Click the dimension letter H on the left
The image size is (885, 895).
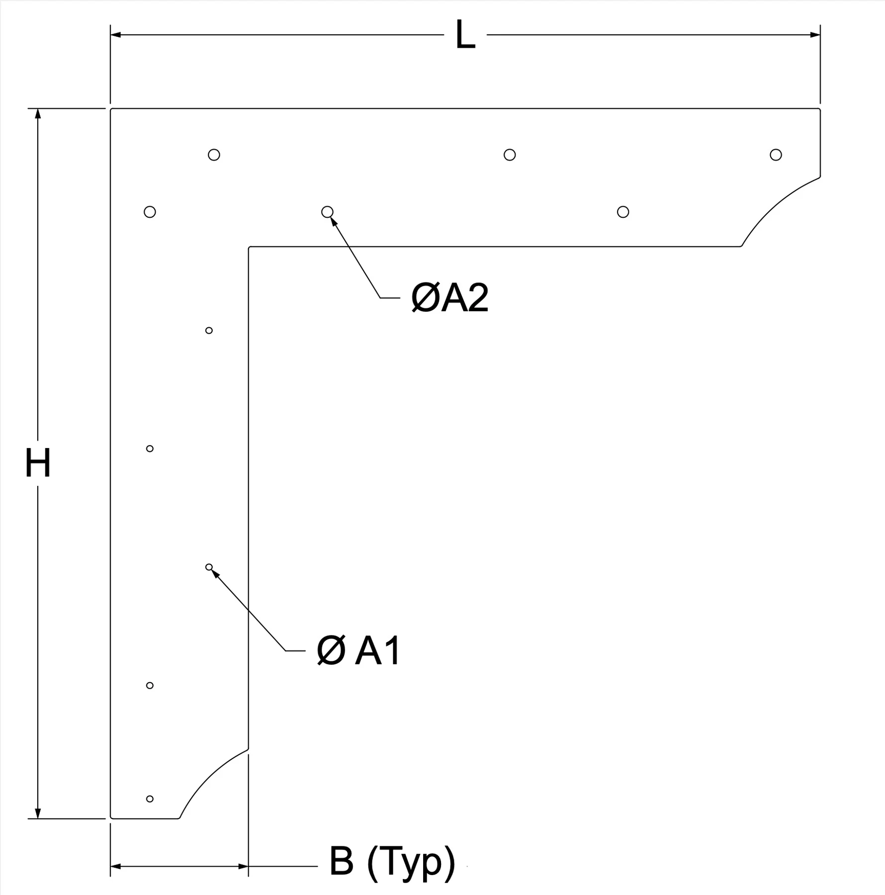pyautogui.click(x=38, y=463)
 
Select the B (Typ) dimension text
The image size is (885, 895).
pyautogui.click(x=392, y=862)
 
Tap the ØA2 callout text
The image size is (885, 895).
pyautogui.click(x=450, y=298)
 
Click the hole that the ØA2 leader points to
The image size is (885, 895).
pyautogui.click(x=327, y=212)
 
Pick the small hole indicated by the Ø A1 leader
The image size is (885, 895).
pyautogui.click(x=209, y=567)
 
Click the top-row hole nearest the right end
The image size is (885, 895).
pyautogui.click(x=776, y=155)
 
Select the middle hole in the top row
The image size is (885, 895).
pyautogui.click(x=510, y=155)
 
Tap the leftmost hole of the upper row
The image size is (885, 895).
pyautogui.click(x=214, y=155)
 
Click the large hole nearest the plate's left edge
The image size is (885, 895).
pyautogui.click(x=150, y=212)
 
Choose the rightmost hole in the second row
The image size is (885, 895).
pyautogui.click(x=623, y=212)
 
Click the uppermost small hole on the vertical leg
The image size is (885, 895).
pyautogui.click(x=209, y=331)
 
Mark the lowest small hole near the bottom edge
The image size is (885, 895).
pyautogui.click(x=150, y=799)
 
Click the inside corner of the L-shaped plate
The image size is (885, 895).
pyautogui.click(x=249, y=247)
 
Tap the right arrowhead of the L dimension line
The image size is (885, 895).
pyautogui.click(x=815, y=35)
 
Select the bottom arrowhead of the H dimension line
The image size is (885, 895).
pyautogui.click(x=38, y=813)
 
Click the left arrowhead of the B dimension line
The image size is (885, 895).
pyautogui.click(x=115, y=866)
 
